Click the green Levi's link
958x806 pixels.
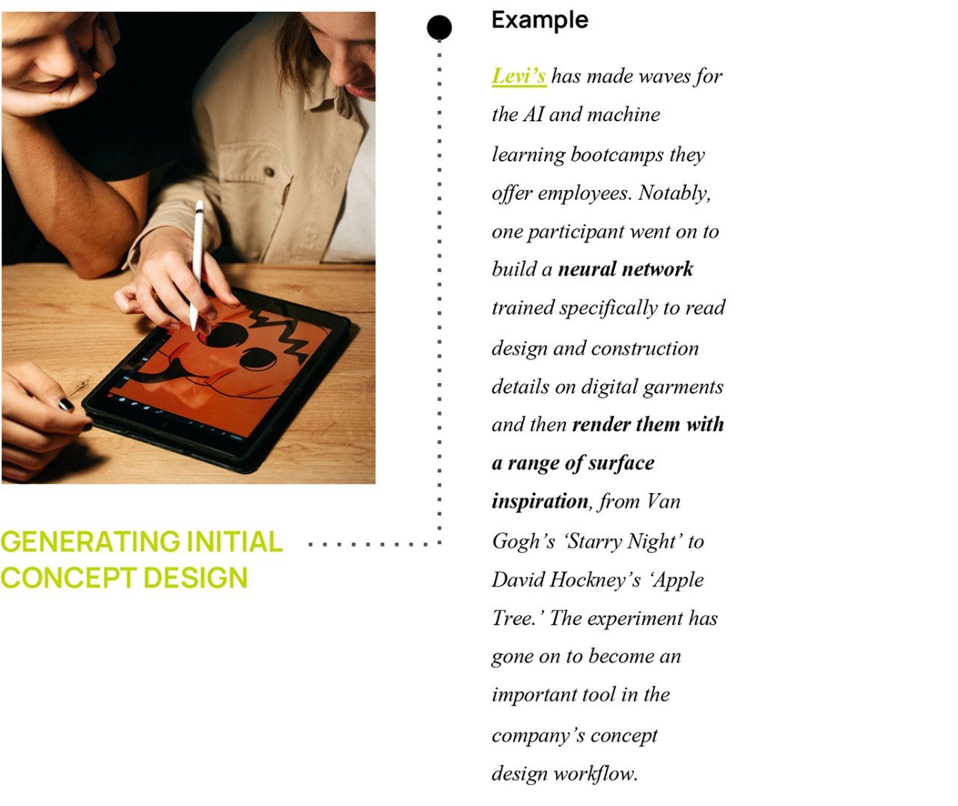coord(518,76)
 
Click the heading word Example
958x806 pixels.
coord(540,20)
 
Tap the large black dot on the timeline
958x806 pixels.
coord(439,28)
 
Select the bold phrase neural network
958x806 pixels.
coord(626,269)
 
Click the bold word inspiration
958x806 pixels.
coord(540,501)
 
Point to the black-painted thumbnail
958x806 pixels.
coord(67,405)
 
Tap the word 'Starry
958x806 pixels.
coord(596,541)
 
